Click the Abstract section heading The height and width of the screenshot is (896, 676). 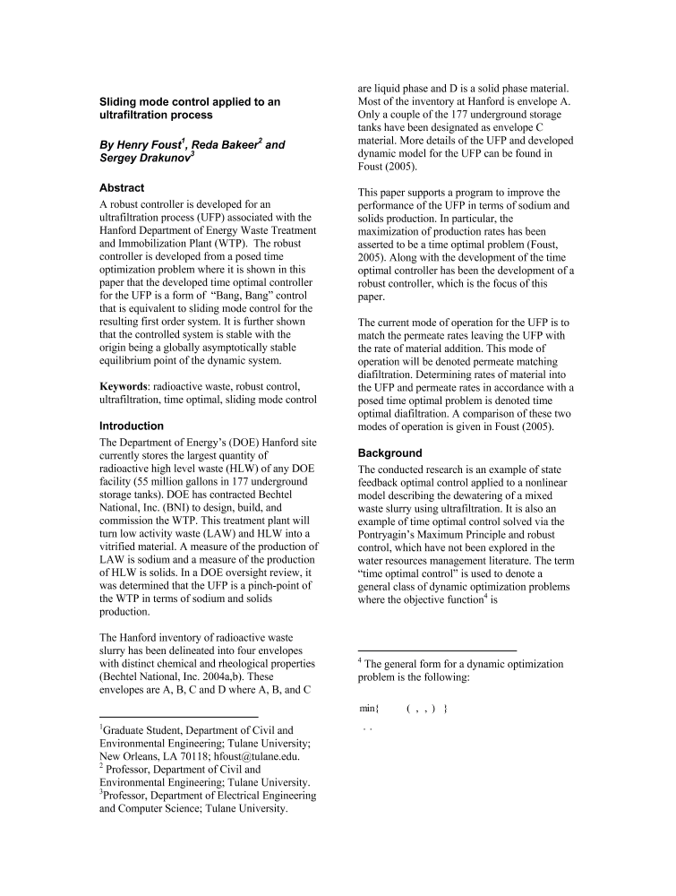122,188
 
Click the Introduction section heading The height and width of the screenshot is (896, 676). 132,426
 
